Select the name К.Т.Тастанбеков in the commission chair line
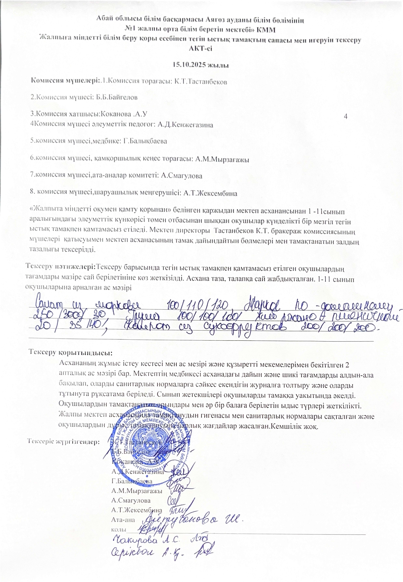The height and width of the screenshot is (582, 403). (201, 82)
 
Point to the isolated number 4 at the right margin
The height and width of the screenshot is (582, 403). (346, 116)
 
